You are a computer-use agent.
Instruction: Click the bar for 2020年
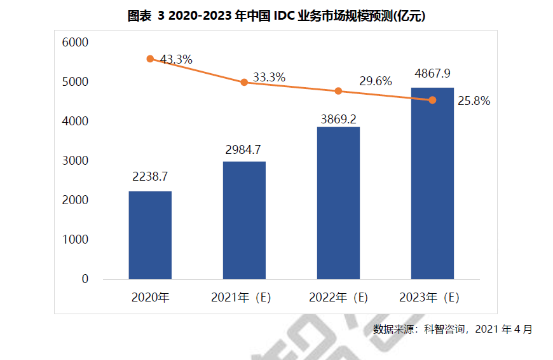(150, 235)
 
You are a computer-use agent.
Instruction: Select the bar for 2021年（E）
(244, 220)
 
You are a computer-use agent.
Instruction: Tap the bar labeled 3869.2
(338, 203)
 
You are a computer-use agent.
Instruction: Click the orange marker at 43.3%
(150, 59)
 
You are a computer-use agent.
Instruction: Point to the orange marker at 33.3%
(244, 82)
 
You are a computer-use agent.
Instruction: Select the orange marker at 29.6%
(338, 91)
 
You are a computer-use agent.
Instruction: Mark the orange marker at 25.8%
(432, 100)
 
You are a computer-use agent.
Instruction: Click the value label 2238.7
(150, 176)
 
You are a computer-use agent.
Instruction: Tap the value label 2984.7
(244, 149)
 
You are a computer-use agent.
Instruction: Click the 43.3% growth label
(176, 59)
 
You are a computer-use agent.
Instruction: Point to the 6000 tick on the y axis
(75, 43)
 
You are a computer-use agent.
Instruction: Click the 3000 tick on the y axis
(75, 161)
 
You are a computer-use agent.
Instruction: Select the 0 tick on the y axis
(85, 279)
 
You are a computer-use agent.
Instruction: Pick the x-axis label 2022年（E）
(338, 297)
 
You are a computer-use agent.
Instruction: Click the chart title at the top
(276, 17)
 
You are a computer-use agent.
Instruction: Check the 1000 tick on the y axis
(75, 240)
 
